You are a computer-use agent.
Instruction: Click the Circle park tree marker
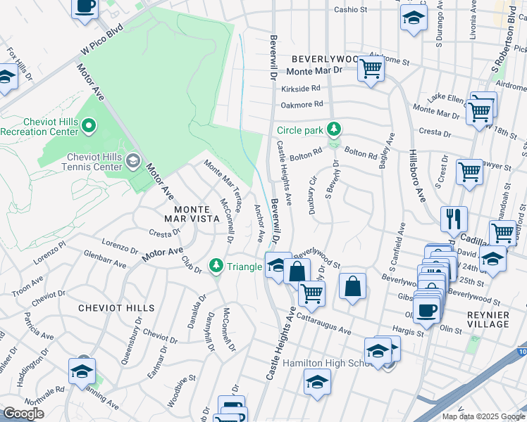[x=336, y=129]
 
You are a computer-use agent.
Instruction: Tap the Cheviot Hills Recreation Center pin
[x=88, y=127]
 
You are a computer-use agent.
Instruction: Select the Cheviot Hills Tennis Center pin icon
[x=132, y=162]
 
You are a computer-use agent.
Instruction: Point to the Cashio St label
[x=351, y=10]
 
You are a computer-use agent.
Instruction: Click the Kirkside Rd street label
[x=301, y=89]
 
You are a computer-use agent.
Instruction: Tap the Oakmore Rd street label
[x=302, y=104]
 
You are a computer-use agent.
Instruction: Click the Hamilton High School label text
[x=328, y=364]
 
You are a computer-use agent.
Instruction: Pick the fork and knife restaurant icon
[x=454, y=219]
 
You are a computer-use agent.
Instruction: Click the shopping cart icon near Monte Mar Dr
[x=370, y=69]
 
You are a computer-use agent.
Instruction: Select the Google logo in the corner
[x=23, y=413]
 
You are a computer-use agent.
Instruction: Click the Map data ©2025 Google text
[x=483, y=416]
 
